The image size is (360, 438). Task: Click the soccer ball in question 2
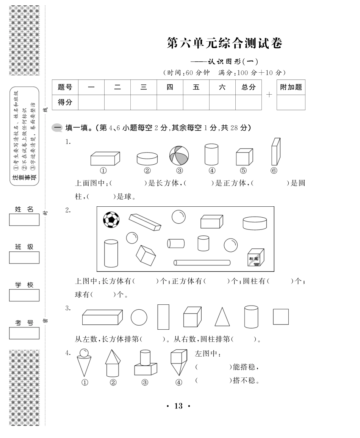point(111,220)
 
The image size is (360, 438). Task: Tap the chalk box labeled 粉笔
point(256,257)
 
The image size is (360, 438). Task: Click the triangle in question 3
point(222,317)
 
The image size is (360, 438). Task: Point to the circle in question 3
point(139,317)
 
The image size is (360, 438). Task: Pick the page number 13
point(178,406)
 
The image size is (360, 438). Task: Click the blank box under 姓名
point(24,220)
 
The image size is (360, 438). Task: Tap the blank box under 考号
point(24,333)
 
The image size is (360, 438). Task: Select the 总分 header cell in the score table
point(249,87)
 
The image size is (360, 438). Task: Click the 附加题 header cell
point(291,87)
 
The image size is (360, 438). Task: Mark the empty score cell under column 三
point(144,102)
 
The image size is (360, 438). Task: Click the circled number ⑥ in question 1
point(274,170)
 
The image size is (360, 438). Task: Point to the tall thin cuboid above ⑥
point(276,152)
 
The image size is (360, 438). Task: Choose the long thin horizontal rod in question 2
point(202,263)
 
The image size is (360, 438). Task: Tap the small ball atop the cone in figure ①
point(84,353)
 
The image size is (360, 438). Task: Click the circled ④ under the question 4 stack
point(178,382)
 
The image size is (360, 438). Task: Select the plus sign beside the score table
point(269,95)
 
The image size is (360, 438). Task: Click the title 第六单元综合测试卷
point(225,43)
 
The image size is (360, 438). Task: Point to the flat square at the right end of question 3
point(281,317)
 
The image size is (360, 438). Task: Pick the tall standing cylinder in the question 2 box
point(111,253)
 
